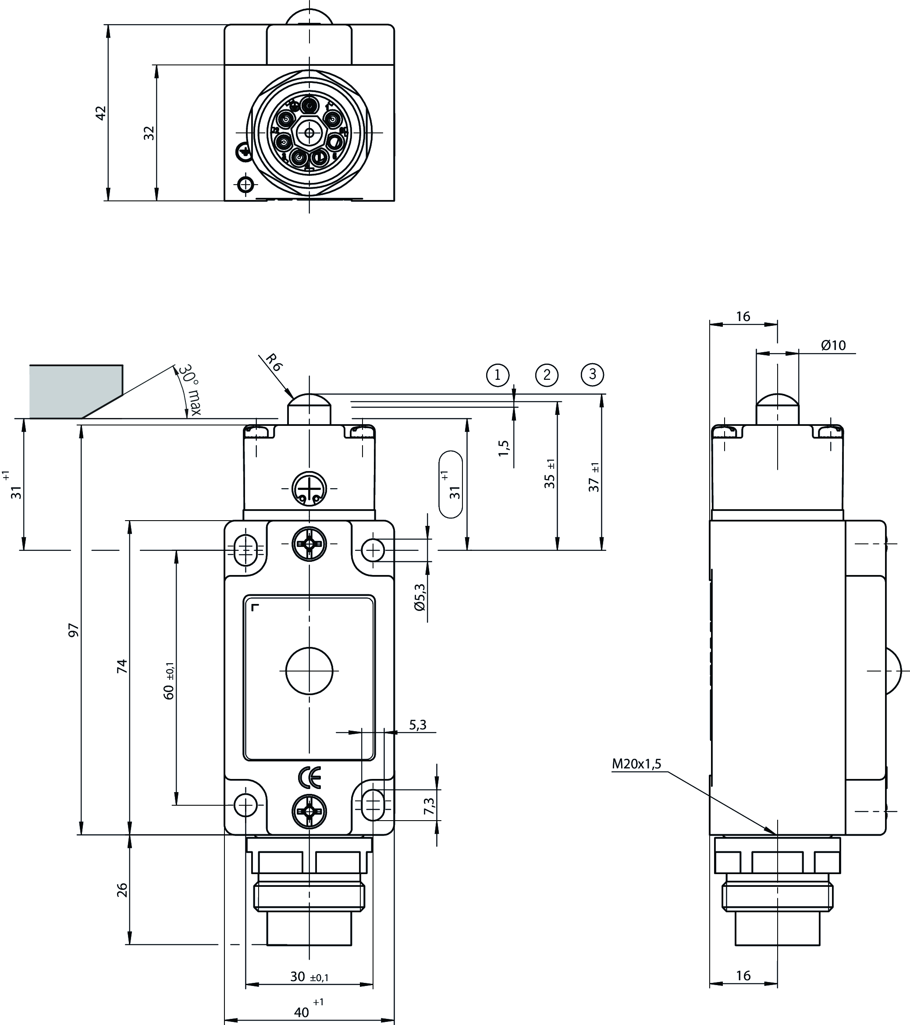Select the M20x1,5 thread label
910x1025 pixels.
coord(636,764)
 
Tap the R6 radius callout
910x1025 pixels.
coord(274,362)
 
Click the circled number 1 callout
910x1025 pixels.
coord(498,375)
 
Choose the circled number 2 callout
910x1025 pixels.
coord(547,375)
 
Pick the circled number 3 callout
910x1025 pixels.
coord(593,374)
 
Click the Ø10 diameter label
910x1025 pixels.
coord(833,346)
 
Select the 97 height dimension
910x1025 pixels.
coord(74,630)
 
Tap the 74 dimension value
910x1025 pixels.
coord(122,666)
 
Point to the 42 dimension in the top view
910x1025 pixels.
coord(101,113)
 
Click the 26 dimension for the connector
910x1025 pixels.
coord(122,890)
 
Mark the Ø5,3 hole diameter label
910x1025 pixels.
coord(420,597)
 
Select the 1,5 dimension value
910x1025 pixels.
coord(504,448)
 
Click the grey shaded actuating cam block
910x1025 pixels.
coord(75,391)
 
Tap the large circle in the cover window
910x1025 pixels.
coord(309,671)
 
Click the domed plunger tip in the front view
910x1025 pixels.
coord(309,401)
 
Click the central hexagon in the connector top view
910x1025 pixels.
coord(309,133)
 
